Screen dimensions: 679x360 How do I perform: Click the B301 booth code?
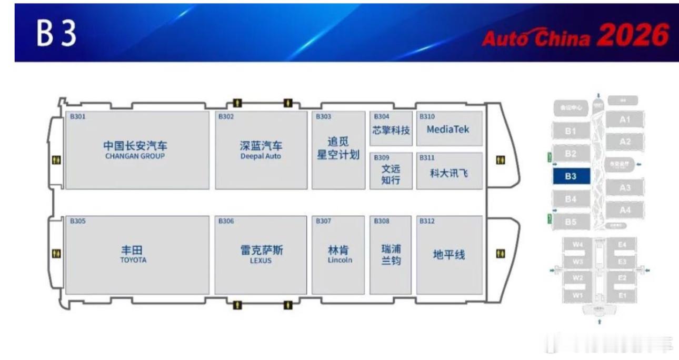77,116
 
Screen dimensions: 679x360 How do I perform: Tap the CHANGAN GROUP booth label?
135,156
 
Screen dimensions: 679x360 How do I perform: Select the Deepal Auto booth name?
261,156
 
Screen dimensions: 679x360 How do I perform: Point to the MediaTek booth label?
447,129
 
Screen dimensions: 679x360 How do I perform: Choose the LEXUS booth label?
261,261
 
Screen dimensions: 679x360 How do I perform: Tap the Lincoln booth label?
339,260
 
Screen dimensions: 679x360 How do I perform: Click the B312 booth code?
427,221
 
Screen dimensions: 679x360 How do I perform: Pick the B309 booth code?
382,157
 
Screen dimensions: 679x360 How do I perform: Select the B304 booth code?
382,116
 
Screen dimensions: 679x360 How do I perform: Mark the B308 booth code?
382,221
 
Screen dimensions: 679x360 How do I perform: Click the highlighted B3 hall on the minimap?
571,176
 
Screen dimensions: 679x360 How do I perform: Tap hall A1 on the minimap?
625,119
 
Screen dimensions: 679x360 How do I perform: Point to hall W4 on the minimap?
578,244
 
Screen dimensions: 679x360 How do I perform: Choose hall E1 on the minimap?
622,295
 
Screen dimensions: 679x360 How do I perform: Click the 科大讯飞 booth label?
448,173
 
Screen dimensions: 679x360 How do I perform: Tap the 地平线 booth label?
448,255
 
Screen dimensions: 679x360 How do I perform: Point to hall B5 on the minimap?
571,222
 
